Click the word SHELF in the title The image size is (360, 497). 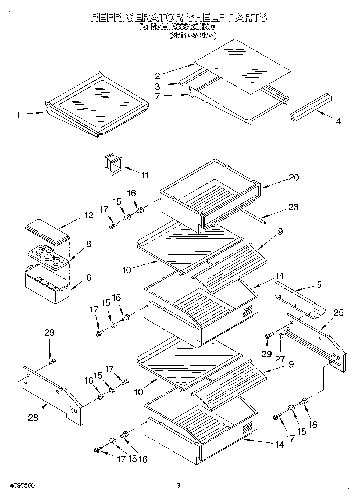coord(205,17)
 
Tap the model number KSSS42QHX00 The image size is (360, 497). coord(193,27)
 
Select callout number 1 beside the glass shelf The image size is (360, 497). coord(18,115)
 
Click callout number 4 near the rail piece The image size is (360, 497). coord(338,121)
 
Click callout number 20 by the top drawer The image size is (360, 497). coord(294,177)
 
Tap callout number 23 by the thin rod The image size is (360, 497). coord(293,207)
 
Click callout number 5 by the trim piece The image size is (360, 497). coord(319,285)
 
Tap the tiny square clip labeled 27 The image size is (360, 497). coord(281,335)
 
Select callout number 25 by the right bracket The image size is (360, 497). coord(338,313)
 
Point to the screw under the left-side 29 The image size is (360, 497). coord(51,362)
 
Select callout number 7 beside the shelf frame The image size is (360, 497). coord(158,96)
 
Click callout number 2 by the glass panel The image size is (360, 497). coord(158,76)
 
